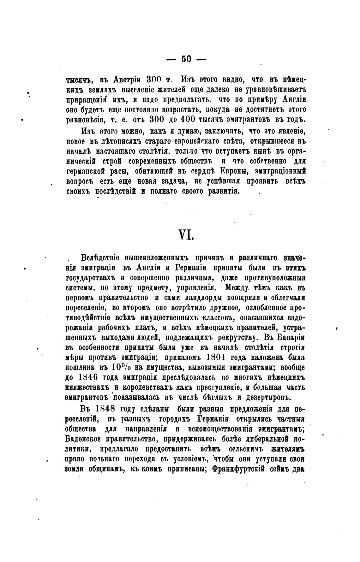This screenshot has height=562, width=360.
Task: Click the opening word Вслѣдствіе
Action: (100, 258)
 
